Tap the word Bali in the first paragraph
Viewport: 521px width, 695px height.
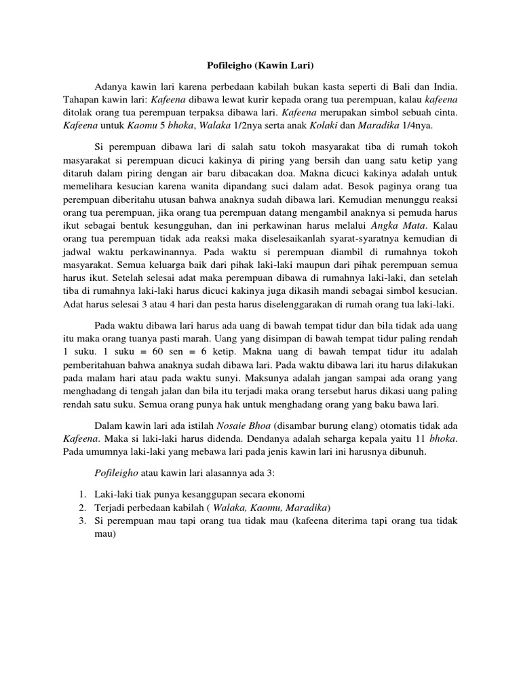click(x=397, y=87)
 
